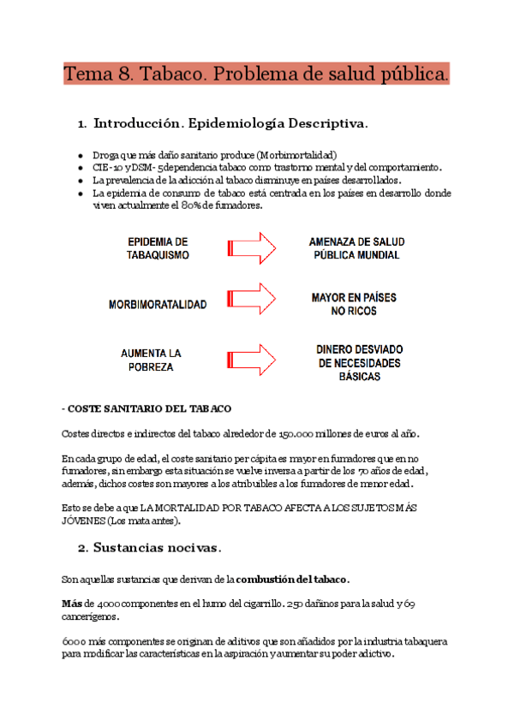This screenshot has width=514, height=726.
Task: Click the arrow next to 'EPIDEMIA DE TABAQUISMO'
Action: click(x=251, y=248)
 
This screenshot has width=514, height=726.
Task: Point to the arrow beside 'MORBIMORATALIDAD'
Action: click(x=251, y=297)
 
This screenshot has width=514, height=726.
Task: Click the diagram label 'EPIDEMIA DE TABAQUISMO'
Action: click(x=158, y=248)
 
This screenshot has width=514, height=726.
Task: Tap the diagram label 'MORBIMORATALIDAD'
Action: click(x=158, y=304)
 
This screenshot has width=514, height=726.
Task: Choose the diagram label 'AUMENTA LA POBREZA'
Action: click(x=150, y=360)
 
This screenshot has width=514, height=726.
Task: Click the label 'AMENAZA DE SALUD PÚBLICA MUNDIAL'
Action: click(x=354, y=248)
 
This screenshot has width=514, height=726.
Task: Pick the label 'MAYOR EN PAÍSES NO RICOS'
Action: click(x=354, y=304)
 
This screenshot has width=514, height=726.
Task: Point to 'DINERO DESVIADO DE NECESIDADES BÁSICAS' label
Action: click(x=359, y=363)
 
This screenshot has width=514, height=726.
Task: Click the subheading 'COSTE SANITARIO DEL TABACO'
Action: click(x=150, y=408)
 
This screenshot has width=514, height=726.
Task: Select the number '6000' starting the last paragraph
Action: click(x=73, y=641)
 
